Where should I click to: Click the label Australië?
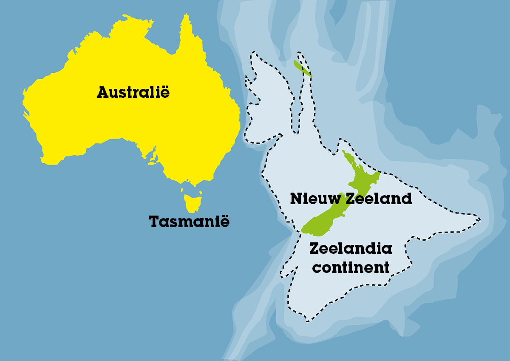(133, 92)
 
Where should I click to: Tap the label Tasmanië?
(189, 222)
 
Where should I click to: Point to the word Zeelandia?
(351, 248)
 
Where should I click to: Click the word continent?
(351, 267)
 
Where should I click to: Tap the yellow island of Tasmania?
(192, 203)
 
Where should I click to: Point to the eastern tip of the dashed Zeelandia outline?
(480, 220)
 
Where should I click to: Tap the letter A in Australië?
(102, 92)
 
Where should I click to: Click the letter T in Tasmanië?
(154, 222)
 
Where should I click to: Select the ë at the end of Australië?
(164, 92)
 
